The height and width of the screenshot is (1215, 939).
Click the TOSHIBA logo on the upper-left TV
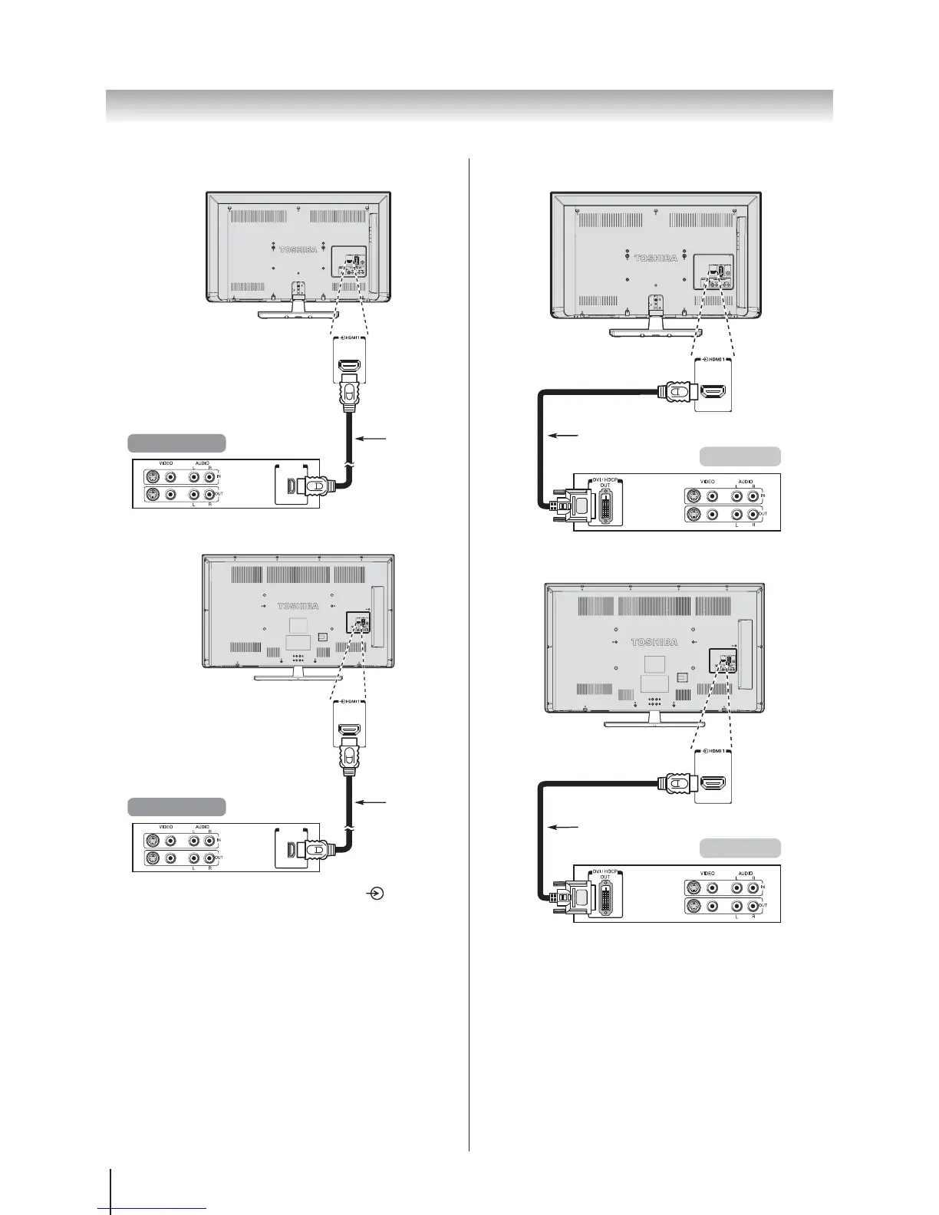298,249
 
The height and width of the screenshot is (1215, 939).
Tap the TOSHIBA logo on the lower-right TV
654,642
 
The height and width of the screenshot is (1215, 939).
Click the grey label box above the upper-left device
176,443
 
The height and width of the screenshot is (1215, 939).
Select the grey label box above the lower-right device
740,848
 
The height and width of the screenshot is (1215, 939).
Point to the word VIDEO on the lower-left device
166,827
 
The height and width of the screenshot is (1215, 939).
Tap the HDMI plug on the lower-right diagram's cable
675,783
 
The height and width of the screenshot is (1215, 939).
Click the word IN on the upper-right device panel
763,497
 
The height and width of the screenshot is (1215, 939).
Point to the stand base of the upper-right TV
654,332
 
